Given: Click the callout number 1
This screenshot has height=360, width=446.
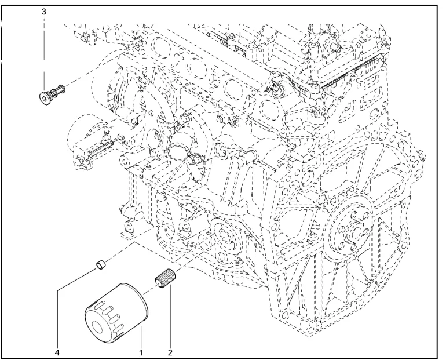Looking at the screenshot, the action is tap(141, 353).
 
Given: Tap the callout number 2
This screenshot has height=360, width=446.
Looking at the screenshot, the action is tap(170, 353).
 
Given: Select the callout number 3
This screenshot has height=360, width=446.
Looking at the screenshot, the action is tap(44, 12).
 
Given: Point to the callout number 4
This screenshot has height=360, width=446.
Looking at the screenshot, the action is tap(57, 353).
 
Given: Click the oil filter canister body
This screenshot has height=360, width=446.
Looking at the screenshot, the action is tap(117, 313).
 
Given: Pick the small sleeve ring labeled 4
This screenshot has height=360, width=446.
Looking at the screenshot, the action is tap(101, 265).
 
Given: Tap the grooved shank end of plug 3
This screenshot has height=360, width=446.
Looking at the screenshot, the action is tap(61, 89).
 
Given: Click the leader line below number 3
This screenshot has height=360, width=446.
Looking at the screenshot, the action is tap(44, 53).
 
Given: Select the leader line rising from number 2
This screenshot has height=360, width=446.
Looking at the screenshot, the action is tap(170, 316).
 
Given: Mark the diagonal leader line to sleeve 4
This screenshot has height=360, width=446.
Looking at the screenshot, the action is tap(77, 279).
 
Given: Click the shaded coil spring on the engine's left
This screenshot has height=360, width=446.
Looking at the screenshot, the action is tap(100, 148).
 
